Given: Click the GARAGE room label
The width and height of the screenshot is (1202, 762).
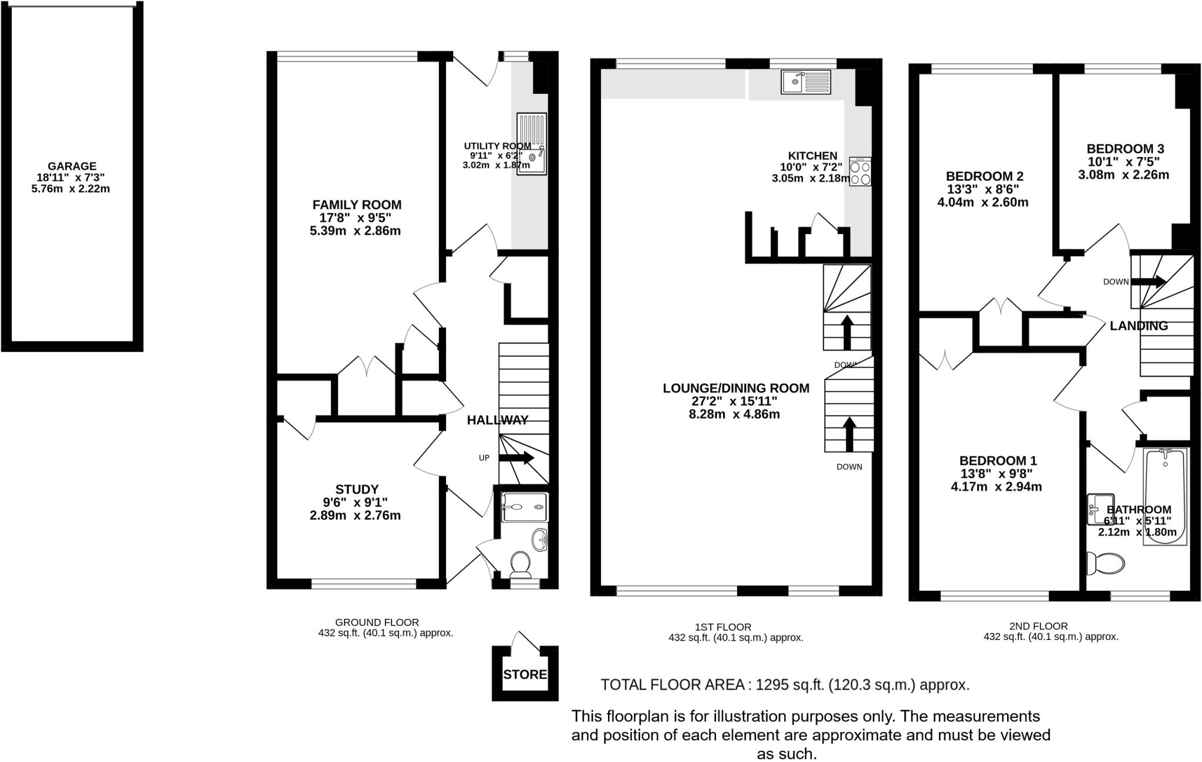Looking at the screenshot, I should pyautogui.click(x=72, y=167).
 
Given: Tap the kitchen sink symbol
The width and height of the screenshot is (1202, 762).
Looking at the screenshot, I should pyautogui.click(x=806, y=82).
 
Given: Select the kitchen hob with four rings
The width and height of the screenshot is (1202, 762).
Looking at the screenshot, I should pyautogui.click(x=860, y=172).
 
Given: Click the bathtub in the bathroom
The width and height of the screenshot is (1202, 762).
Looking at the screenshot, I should pyautogui.click(x=1166, y=496).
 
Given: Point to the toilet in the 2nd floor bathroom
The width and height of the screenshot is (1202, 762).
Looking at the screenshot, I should pyautogui.click(x=1105, y=564).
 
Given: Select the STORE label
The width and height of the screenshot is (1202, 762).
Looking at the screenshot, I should pyautogui.click(x=525, y=675).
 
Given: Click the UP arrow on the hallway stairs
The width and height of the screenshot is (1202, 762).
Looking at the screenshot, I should pyautogui.click(x=516, y=458).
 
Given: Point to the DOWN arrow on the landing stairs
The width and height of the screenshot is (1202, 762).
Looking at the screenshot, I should pyautogui.click(x=1147, y=282).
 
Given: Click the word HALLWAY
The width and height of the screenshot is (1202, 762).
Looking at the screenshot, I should pyautogui.click(x=498, y=420).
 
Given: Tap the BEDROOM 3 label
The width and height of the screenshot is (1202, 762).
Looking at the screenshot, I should pyautogui.click(x=1125, y=149).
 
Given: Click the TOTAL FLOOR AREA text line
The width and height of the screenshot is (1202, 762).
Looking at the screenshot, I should pyautogui.click(x=785, y=685).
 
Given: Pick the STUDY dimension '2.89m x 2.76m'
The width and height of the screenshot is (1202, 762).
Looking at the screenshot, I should pyautogui.click(x=355, y=516).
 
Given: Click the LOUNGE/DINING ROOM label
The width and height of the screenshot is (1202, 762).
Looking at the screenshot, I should pyautogui.click(x=735, y=388).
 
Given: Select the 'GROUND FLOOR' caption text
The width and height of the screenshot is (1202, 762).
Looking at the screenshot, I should pyautogui.click(x=377, y=622).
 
